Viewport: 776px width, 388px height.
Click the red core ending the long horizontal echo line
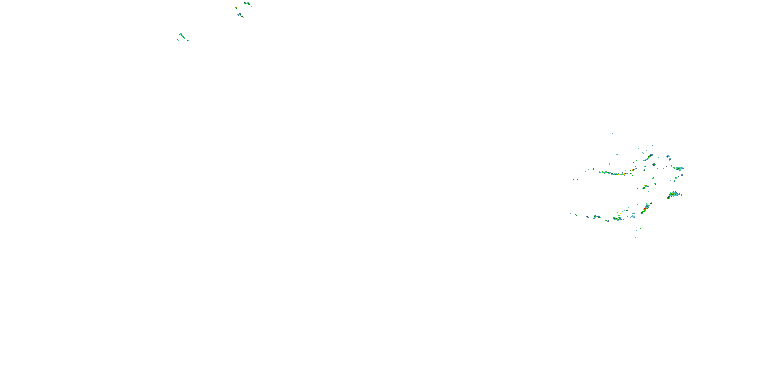624,174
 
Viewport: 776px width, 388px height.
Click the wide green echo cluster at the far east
679,169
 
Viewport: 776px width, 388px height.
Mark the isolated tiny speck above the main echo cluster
612,134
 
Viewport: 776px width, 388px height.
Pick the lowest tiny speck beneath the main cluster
636,237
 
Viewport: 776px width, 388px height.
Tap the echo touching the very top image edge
247,3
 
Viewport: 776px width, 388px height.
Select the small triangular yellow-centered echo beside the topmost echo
236,7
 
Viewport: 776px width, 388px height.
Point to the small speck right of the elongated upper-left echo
188,40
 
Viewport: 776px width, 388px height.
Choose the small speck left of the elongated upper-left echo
177,39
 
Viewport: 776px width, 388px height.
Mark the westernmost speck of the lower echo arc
571,214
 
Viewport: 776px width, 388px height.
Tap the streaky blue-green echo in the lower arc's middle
617,219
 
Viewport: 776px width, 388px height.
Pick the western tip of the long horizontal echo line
599,172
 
